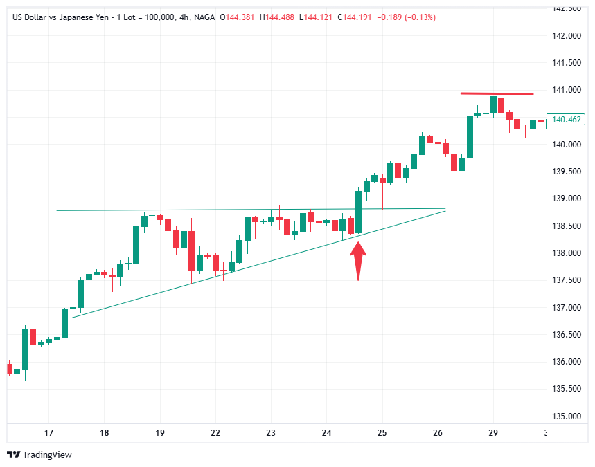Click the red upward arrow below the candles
pyautogui.click(x=357, y=259)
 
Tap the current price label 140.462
pyautogui.click(x=566, y=119)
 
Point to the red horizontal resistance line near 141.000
pyautogui.click(x=497, y=93)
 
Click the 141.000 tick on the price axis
pyautogui.click(x=567, y=90)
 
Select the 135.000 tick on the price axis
pyautogui.click(x=567, y=416)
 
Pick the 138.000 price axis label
pyautogui.click(x=567, y=253)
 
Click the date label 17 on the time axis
pyautogui.click(x=48, y=433)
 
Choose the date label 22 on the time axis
pyautogui.click(x=215, y=433)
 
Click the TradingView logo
pyautogui.click(x=39, y=455)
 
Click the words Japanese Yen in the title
pyautogui.click(x=87, y=17)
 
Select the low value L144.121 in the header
pyautogui.click(x=317, y=17)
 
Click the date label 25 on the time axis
pyautogui.click(x=382, y=433)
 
